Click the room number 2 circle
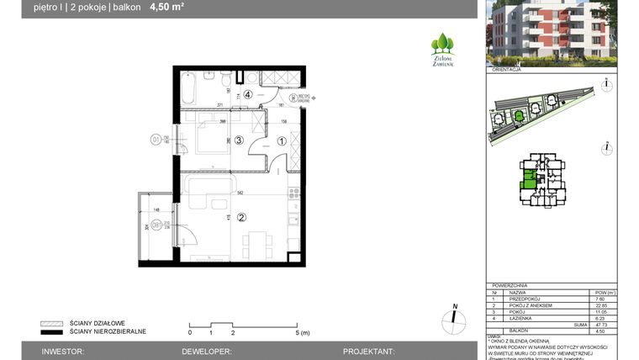pyautogui.click(x=240, y=218)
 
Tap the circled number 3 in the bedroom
pyautogui.click(x=239, y=140)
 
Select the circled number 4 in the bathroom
pyautogui.click(x=248, y=93)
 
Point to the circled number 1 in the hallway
pyautogui.click(x=282, y=141)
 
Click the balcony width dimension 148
pyautogui.click(x=156, y=210)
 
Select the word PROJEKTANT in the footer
pyautogui.click(x=369, y=350)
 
